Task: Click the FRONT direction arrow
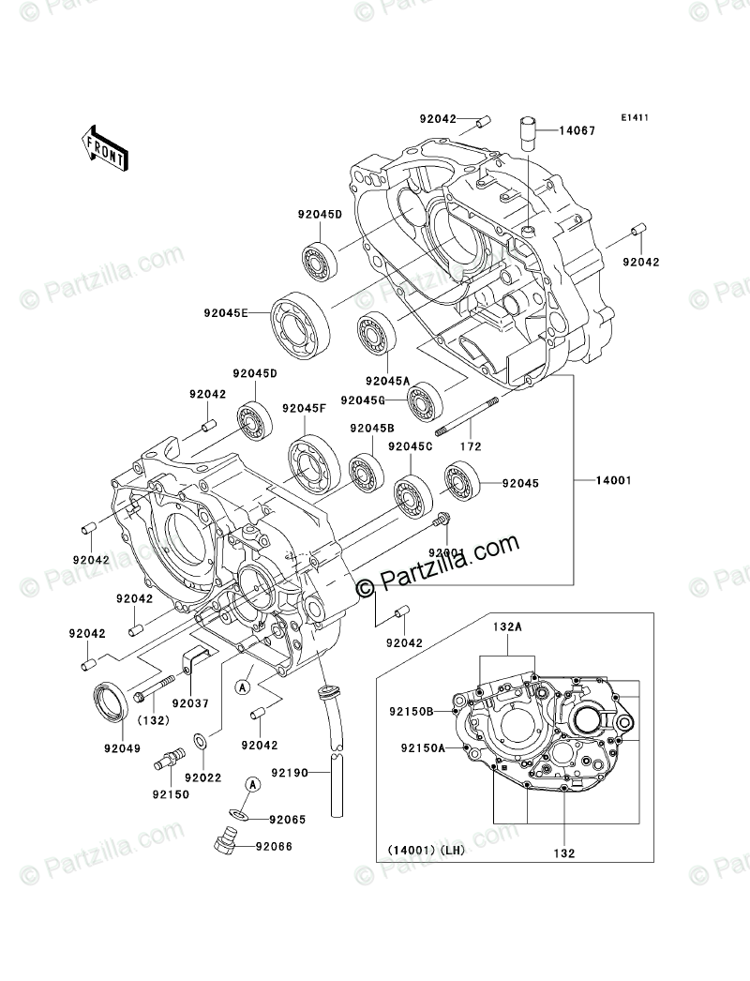coord(104,147)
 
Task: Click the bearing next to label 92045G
coord(425,400)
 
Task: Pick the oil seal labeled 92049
coord(112,704)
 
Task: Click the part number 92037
coord(192,702)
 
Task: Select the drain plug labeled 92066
coord(225,843)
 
